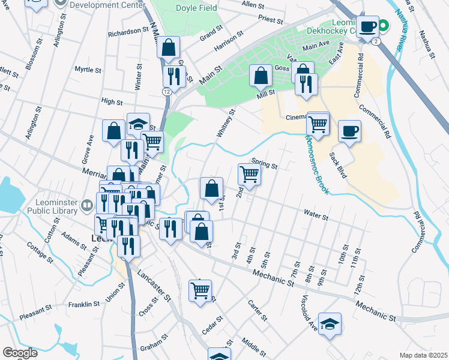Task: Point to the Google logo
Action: point(20,353)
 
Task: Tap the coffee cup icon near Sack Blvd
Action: point(349,130)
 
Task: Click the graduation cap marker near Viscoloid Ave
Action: point(330,324)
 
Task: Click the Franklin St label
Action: point(83,305)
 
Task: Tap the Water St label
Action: point(316,214)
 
